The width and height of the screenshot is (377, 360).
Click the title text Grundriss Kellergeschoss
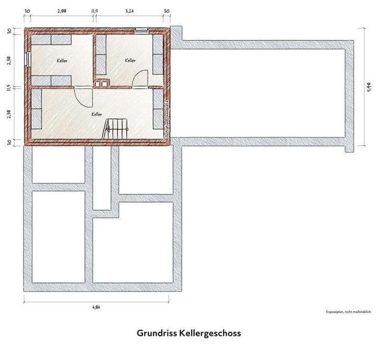(188, 332)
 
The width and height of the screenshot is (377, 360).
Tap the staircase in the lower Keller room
(116, 128)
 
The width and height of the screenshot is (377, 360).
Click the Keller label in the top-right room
(131, 61)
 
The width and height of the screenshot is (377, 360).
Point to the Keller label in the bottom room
(96, 114)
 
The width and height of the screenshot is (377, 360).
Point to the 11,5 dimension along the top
(94, 10)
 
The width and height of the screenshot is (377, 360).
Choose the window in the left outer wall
(28, 57)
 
